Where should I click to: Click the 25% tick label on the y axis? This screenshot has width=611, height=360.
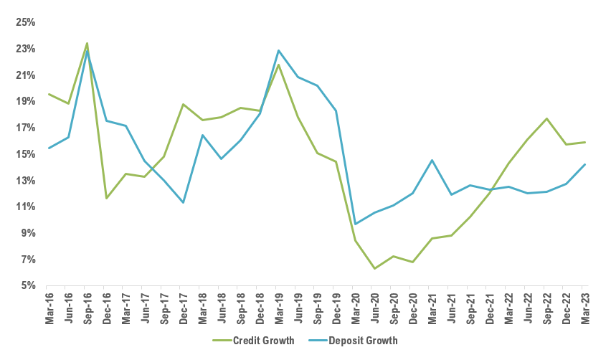[26, 22]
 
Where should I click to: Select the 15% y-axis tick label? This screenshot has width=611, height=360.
[26, 154]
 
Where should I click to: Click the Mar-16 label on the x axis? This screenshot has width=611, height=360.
[49, 307]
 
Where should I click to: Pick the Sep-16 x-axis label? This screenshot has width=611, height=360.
[87, 307]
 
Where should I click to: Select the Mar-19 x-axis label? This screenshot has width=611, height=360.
[279, 307]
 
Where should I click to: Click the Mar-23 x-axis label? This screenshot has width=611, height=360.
[586, 307]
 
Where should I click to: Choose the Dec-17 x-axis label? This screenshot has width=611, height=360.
[183, 307]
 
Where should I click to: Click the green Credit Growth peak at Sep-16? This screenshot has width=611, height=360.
[87, 43]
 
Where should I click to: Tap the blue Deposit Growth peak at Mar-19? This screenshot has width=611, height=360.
[279, 50]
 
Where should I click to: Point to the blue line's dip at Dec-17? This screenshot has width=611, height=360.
[183, 202]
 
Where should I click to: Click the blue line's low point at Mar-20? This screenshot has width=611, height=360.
[356, 224]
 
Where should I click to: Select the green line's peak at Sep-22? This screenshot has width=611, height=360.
[547, 118]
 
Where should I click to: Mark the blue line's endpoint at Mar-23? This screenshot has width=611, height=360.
[586, 164]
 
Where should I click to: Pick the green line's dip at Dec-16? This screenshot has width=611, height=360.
[106, 198]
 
